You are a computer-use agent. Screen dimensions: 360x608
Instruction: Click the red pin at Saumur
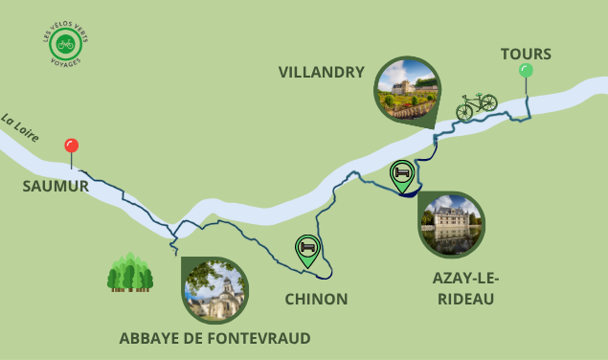71,146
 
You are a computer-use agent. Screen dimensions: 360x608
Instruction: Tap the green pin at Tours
526,70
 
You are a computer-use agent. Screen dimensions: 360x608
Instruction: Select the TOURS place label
526,54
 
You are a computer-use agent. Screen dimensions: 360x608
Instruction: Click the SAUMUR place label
56,186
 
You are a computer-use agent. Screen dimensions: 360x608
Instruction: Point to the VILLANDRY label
321,72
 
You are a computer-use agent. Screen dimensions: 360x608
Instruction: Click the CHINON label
316,300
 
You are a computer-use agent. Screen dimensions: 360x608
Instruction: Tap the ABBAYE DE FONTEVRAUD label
214,338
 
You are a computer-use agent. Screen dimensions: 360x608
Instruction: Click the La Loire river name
20,128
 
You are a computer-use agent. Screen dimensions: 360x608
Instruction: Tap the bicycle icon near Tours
476,105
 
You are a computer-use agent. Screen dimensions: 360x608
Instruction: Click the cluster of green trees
130,273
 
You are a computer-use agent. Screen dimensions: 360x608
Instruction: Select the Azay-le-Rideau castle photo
451,225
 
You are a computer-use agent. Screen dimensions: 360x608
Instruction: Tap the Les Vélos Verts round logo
67,45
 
